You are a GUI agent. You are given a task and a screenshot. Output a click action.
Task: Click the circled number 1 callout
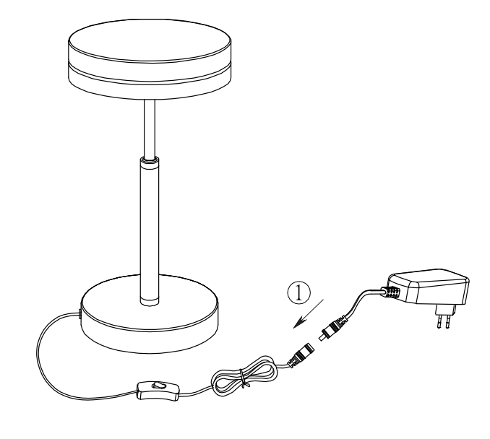[299, 293]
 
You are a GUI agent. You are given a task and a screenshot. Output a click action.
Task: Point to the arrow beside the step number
[308, 313]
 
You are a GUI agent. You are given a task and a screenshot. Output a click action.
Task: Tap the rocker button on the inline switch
[158, 386]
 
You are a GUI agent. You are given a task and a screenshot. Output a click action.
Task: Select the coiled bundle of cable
[244, 376]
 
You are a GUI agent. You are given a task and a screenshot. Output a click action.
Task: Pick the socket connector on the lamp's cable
[301, 355]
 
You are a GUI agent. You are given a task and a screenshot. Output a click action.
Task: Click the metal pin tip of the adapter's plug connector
[322, 337]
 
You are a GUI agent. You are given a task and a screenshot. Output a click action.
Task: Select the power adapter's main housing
[428, 287]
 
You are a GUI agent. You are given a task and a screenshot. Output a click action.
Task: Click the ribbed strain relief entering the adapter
[390, 292]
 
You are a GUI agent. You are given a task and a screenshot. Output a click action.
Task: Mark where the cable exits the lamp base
[80, 314]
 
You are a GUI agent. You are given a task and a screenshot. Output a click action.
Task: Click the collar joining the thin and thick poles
[150, 160]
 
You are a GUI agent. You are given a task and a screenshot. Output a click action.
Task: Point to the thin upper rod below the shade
[150, 128]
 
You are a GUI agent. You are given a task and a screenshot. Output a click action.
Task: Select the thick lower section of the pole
[150, 231]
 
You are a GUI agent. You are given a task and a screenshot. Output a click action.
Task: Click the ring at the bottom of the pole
[150, 301]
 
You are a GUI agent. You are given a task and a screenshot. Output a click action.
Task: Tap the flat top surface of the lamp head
[150, 40]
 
